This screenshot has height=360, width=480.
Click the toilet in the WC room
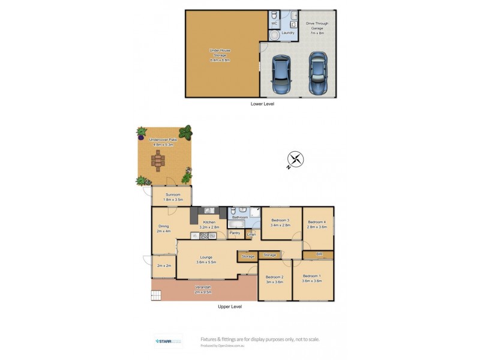click(274, 15)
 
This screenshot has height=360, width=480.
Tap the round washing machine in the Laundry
click(275, 35)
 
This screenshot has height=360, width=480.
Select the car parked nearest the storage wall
click(280, 74)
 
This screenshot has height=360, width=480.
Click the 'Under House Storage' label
click(220, 55)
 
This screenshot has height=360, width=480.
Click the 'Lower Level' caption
click(262, 104)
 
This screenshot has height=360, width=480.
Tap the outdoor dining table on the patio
click(158, 161)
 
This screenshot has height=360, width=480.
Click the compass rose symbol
click(295, 160)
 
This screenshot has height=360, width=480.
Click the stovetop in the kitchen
click(208, 236)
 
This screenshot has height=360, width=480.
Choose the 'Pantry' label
click(235, 233)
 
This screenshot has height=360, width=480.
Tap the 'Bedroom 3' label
click(280, 220)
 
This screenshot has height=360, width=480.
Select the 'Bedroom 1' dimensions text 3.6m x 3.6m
click(312, 281)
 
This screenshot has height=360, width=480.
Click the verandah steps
click(157, 295)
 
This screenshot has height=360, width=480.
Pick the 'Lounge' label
click(206, 257)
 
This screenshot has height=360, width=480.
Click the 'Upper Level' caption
click(229, 307)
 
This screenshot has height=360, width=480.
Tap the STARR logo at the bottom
click(168, 341)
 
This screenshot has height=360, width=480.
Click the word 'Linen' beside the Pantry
click(252, 233)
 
